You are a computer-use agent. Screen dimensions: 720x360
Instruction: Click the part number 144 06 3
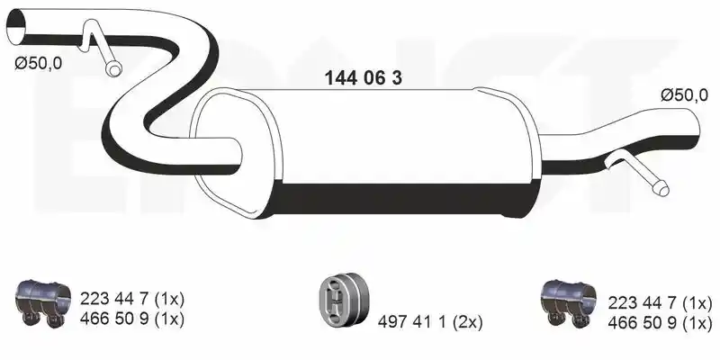(x=364, y=78)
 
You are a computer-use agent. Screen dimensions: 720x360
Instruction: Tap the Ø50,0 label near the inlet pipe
(x=38, y=63)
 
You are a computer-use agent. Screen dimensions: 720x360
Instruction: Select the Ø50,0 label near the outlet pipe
(x=685, y=95)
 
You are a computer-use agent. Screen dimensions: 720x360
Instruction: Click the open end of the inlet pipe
(x=15, y=27)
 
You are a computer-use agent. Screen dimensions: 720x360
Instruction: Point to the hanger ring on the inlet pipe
(x=113, y=69)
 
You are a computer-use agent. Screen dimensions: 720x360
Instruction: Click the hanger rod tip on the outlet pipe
(x=662, y=189)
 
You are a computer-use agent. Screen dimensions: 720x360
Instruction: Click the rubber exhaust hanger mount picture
(x=345, y=297)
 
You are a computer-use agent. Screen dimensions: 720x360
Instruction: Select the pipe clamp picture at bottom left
(x=43, y=301)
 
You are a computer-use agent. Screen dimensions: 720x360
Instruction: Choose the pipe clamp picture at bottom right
(x=569, y=303)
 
